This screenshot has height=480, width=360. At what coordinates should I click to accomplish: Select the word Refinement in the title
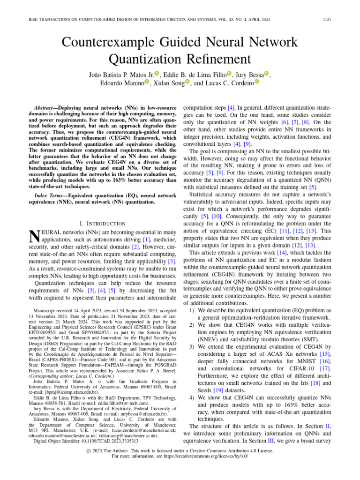[x=205, y=59]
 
